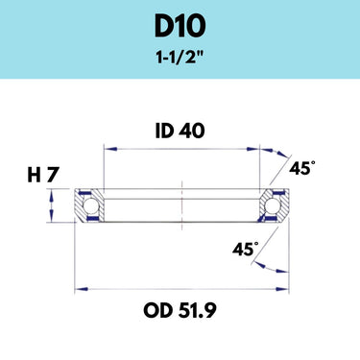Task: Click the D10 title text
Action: (x=180, y=27)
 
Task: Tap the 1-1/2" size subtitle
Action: (x=180, y=58)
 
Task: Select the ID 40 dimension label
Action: (x=180, y=132)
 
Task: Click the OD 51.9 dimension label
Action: (x=180, y=310)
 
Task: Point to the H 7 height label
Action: (x=43, y=176)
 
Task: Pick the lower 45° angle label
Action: (x=246, y=249)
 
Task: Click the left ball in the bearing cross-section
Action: (x=90, y=205)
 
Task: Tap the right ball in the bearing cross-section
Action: (x=272, y=205)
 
